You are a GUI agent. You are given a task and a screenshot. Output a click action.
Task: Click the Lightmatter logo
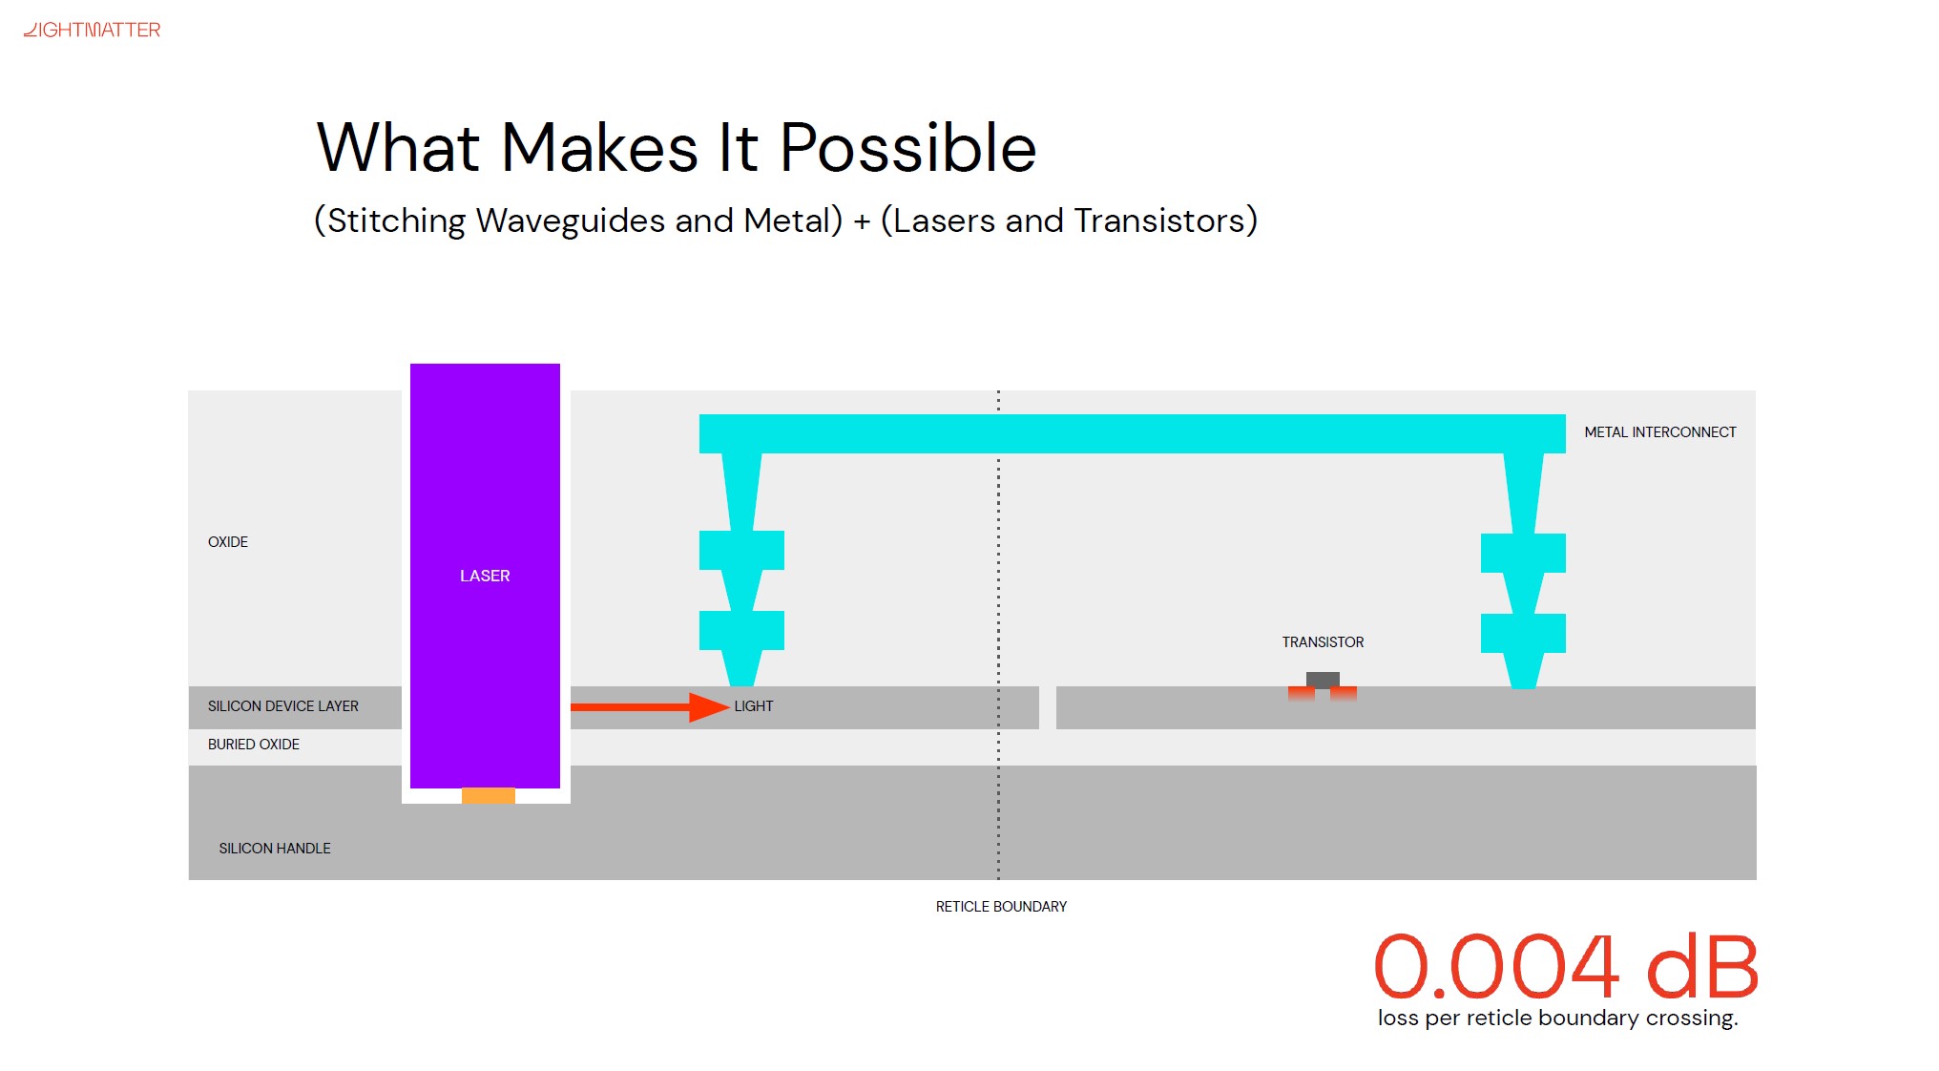pyautogui.click(x=93, y=30)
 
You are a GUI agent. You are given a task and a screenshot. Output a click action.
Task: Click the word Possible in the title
pyautogui.click(x=907, y=149)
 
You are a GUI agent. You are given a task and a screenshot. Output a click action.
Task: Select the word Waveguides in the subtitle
pyautogui.click(x=570, y=221)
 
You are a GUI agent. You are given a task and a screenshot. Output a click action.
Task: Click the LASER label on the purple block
pyautogui.click(x=485, y=576)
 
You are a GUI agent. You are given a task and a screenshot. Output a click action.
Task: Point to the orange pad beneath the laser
pyautogui.click(x=489, y=795)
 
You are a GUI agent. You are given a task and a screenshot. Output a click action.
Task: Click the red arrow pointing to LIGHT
pyautogui.click(x=650, y=706)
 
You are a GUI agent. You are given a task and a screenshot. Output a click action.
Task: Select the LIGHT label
pyautogui.click(x=754, y=706)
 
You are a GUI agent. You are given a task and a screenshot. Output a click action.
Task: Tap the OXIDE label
pyautogui.click(x=228, y=542)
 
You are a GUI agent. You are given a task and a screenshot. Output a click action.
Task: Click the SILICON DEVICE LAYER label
pyautogui.click(x=283, y=706)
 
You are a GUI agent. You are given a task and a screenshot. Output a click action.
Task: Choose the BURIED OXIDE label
pyautogui.click(x=254, y=745)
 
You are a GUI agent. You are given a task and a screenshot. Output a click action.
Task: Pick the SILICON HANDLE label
pyautogui.click(x=275, y=849)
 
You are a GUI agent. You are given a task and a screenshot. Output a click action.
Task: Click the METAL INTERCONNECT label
pyautogui.click(x=1660, y=432)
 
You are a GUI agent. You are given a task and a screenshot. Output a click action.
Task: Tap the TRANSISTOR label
pyautogui.click(x=1323, y=642)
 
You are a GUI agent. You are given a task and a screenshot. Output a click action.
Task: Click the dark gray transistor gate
pyautogui.click(x=1323, y=680)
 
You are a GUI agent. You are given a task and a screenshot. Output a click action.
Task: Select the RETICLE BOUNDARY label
pyautogui.click(x=1001, y=907)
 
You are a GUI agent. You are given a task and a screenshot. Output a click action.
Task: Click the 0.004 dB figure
pyautogui.click(x=1566, y=966)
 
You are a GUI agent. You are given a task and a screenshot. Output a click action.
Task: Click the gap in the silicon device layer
pyautogui.click(x=1048, y=707)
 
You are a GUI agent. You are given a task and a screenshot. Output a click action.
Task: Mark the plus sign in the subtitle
pyautogui.click(x=863, y=222)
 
